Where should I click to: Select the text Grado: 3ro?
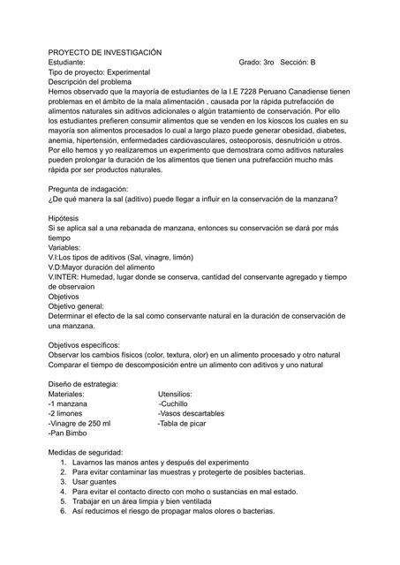point(256,64)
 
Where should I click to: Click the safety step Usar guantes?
point(94,482)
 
